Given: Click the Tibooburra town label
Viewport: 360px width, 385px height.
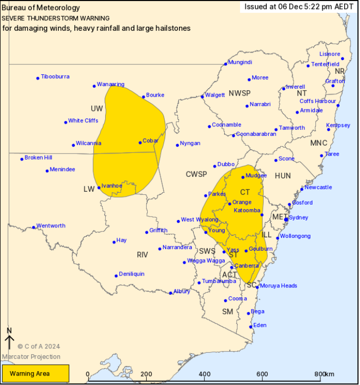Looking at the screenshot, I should pyautogui.click(x=55, y=77).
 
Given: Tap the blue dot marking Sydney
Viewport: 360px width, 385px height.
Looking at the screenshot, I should pyautogui.click(x=286, y=219).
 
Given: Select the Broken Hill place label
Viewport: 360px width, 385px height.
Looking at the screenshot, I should pyautogui.click(x=38, y=158).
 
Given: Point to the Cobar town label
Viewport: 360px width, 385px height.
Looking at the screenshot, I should pyautogui.click(x=150, y=141).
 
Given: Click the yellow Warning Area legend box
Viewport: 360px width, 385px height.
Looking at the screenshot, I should pyautogui.click(x=35, y=374).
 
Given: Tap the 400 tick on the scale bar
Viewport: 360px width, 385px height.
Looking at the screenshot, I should pyautogui.click(x=204, y=374).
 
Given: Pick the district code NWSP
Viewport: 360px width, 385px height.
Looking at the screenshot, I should pyautogui.click(x=240, y=93).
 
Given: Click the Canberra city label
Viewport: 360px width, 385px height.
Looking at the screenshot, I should pyautogui.click(x=246, y=266).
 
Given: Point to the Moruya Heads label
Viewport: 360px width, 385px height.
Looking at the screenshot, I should pyautogui.click(x=279, y=286).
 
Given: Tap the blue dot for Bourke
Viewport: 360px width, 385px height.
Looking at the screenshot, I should pyautogui.click(x=143, y=97).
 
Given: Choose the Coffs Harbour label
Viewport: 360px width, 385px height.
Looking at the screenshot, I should pyautogui.click(x=318, y=101).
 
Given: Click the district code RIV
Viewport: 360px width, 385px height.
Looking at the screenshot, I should pyautogui.click(x=142, y=255).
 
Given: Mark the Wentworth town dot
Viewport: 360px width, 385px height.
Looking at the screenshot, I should pyautogui.click(x=34, y=227).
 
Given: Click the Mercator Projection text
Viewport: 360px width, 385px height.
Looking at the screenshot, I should pyautogui.click(x=31, y=357).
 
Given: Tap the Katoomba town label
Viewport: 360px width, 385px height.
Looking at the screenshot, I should pyautogui.click(x=247, y=211).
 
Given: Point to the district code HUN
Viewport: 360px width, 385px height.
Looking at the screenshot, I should pyautogui.click(x=283, y=176).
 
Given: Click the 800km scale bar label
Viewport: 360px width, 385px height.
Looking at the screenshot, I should pyautogui.click(x=325, y=374).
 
